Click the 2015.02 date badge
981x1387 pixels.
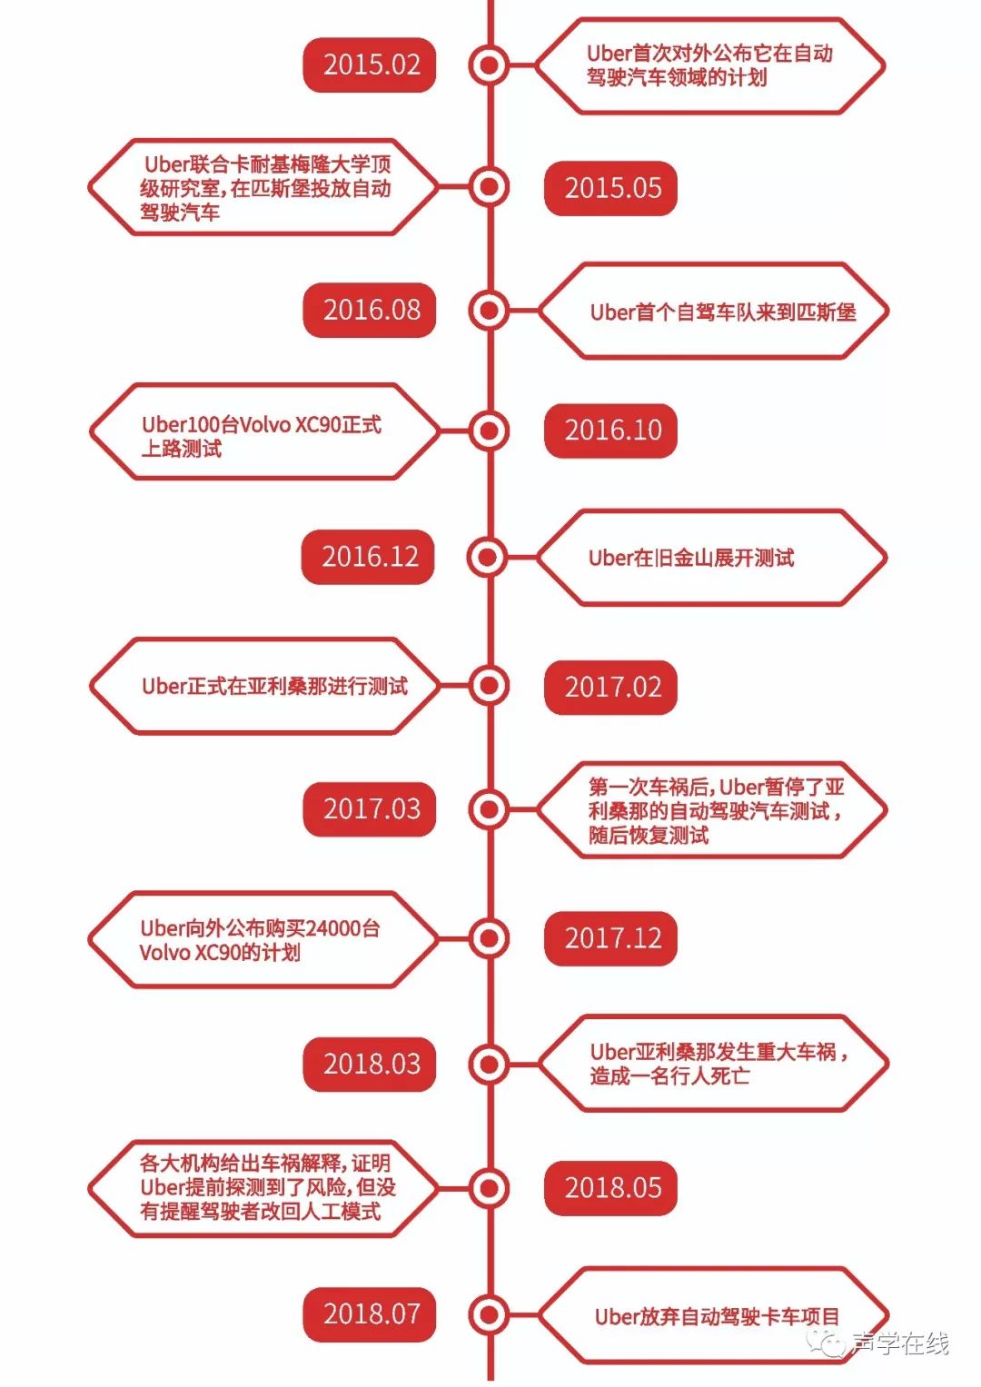370,65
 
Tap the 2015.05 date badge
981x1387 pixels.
611,188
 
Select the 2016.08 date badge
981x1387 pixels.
370,310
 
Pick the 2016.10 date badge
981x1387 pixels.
611,430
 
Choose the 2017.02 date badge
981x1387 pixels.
611,687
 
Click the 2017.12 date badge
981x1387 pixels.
611,937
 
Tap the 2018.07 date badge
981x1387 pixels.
370,1313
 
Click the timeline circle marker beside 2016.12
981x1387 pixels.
488,557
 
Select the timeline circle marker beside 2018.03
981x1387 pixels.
490,1064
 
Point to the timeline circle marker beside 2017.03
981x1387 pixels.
490,808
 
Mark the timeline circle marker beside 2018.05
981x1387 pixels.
490,1187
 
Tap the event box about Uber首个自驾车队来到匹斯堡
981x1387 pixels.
713,312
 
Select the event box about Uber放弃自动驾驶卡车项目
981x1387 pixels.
713,1315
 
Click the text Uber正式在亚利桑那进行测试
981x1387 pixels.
274,686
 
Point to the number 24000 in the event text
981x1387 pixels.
333,928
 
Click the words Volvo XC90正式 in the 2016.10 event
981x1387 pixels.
300,424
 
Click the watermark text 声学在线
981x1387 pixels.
900,1342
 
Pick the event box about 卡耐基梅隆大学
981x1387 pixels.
263,188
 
